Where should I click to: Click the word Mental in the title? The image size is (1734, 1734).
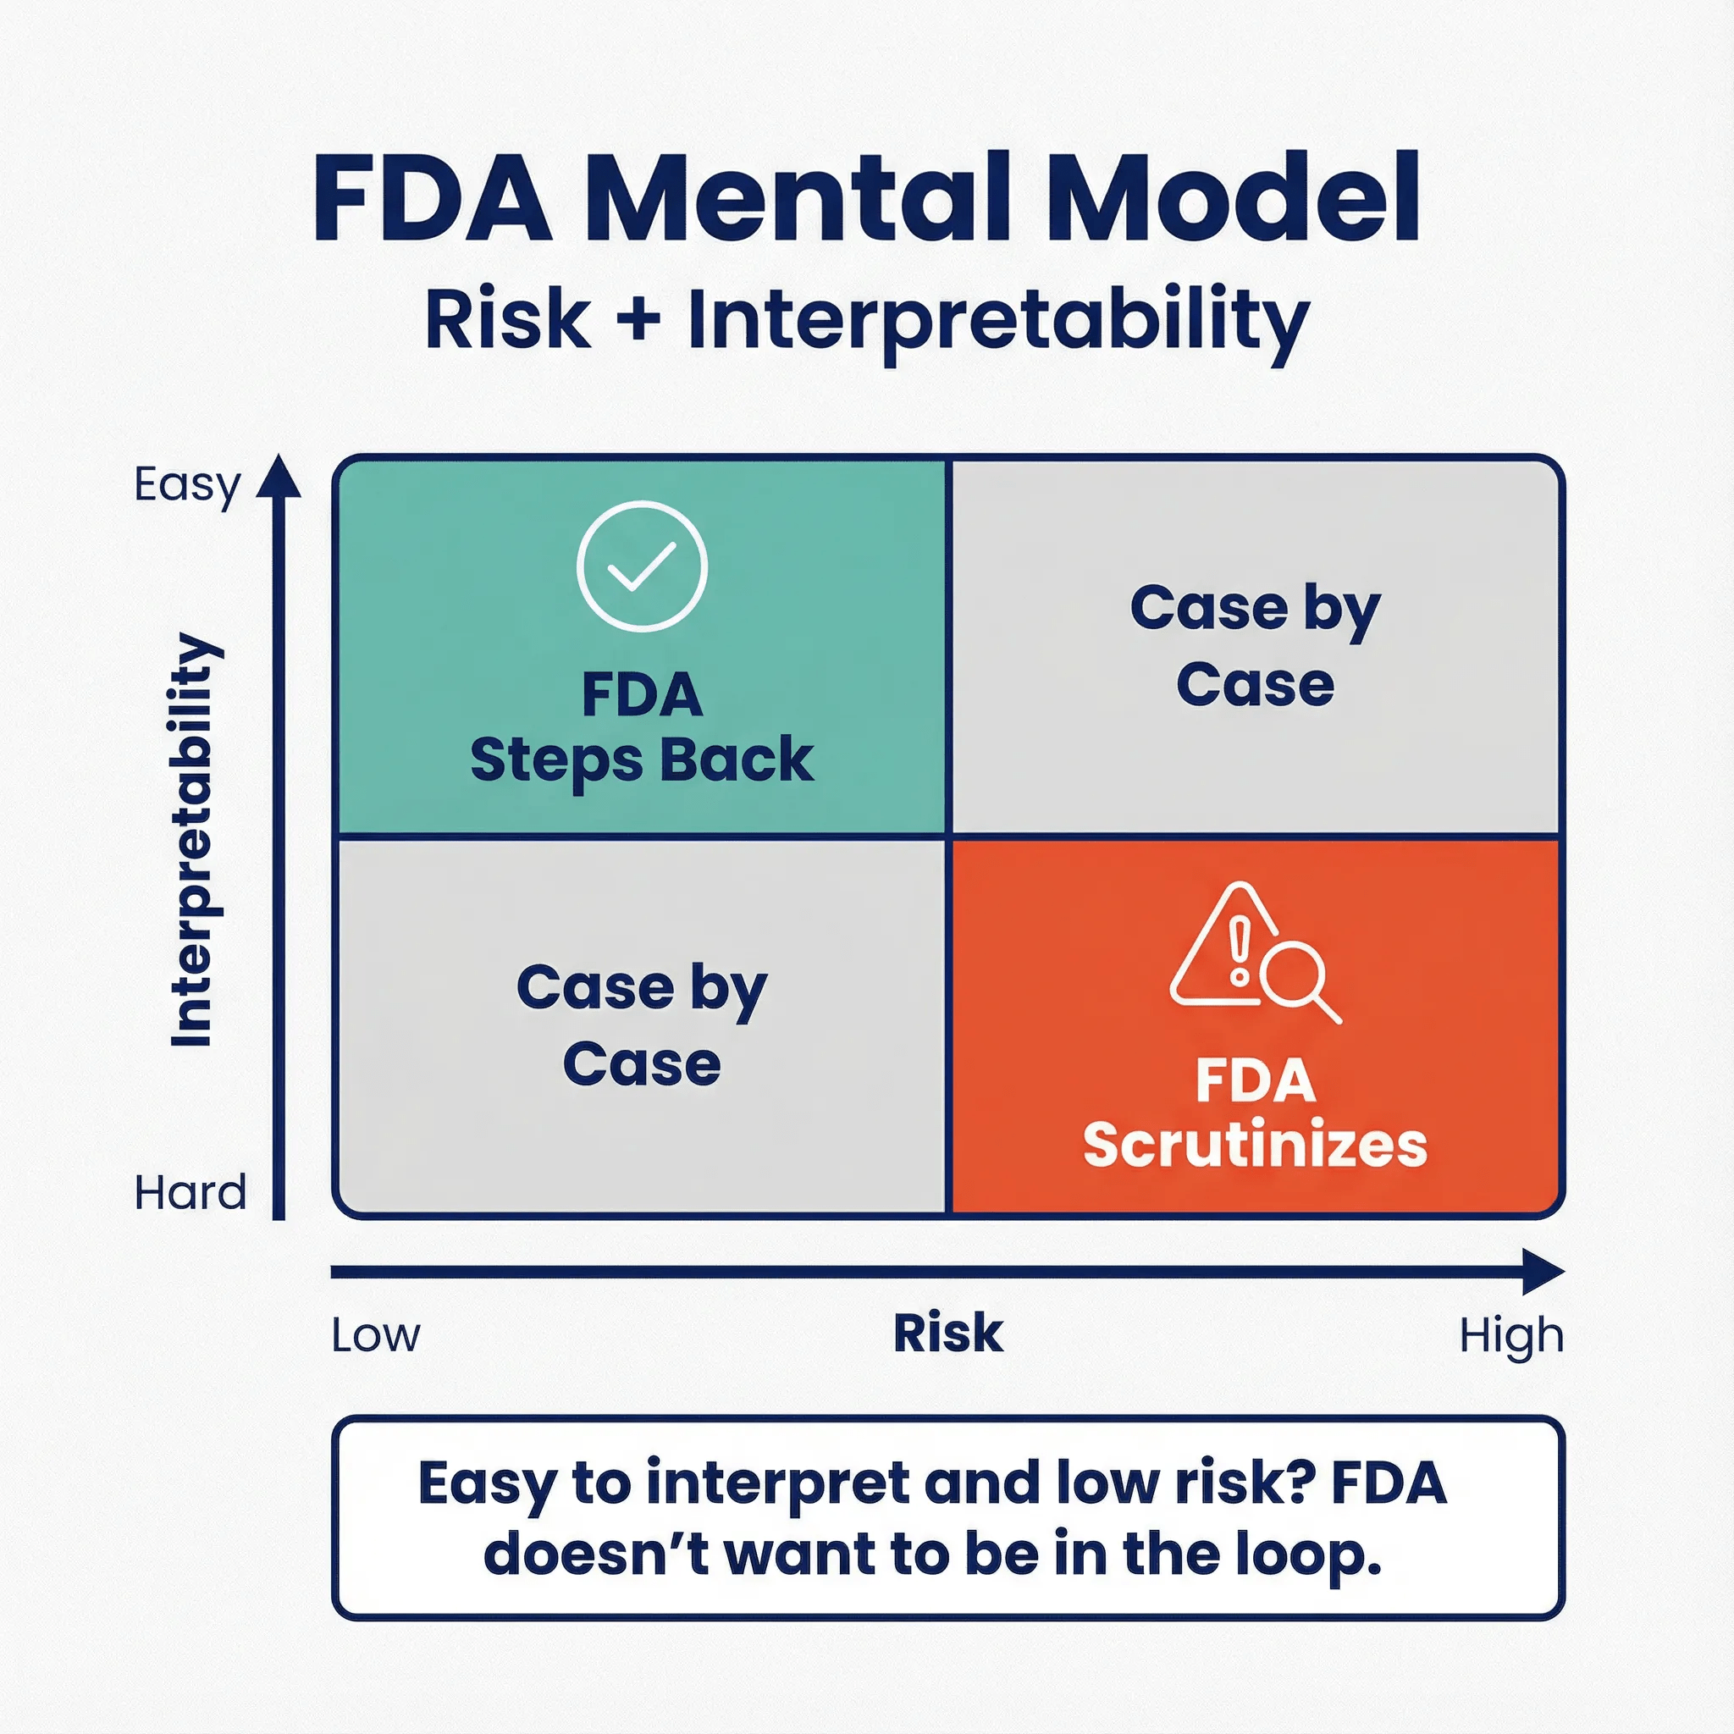pyautogui.click(x=808, y=198)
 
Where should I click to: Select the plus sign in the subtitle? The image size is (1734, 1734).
pyautogui.click(x=639, y=318)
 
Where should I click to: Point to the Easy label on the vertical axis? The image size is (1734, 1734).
pyautogui.click(x=186, y=485)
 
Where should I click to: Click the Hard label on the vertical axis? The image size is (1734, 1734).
pyautogui.click(x=190, y=1193)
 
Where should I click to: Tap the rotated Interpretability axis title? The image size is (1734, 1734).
pyautogui.click(x=192, y=840)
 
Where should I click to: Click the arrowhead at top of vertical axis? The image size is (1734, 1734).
pyautogui.click(x=279, y=477)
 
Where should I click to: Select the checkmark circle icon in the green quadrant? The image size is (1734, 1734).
pyautogui.click(x=642, y=566)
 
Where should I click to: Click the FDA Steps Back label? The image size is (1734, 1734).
pyautogui.click(x=642, y=727)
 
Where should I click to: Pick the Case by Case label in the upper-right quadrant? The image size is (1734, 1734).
pyautogui.click(x=1255, y=646)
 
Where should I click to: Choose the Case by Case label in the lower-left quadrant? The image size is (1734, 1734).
pyautogui.click(x=642, y=1026)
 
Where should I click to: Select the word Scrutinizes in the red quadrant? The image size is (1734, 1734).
pyautogui.click(x=1255, y=1146)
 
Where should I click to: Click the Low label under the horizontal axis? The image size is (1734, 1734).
pyautogui.click(x=375, y=1335)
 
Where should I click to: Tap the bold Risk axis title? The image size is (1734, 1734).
pyautogui.click(x=947, y=1333)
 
